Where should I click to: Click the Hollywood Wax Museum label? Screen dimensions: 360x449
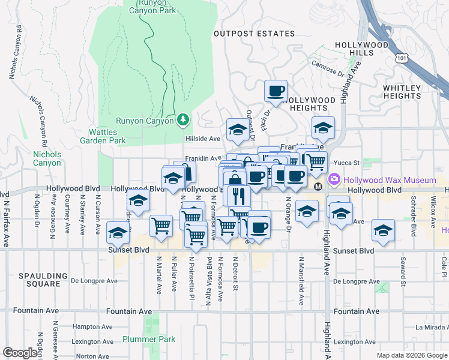click(389, 180)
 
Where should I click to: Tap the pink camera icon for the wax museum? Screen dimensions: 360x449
click(334, 179)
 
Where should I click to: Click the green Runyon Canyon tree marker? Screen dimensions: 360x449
click(183, 120)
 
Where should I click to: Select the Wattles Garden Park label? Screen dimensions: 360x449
click(107, 136)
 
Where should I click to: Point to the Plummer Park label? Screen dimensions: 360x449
click(149, 339)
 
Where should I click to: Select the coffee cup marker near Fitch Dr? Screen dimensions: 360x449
click(276, 91)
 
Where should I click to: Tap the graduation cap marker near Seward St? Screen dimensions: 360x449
click(383, 230)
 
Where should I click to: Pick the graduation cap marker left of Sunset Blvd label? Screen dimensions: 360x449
click(118, 232)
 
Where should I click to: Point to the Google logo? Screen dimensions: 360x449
click(20, 353)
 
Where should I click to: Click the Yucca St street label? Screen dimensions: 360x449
click(347, 163)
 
